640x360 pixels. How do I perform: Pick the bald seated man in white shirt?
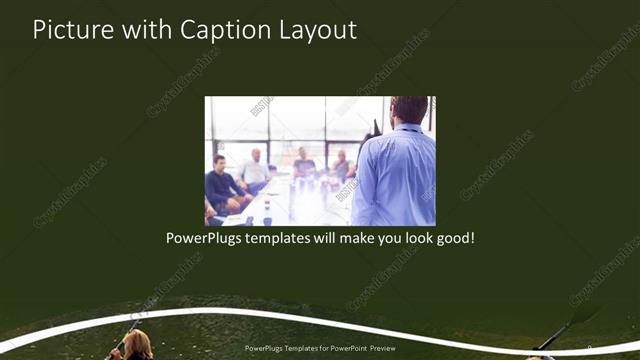click(x=254, y=170)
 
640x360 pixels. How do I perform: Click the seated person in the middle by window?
click(x=304, y=163)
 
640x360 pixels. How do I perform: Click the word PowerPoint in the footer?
click(x=352, y=349)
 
